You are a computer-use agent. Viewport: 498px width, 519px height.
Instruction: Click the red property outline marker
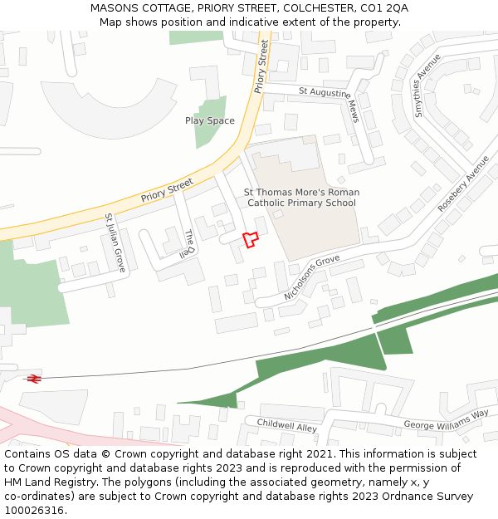click(250, 239)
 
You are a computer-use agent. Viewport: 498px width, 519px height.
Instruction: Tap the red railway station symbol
click(34, 379)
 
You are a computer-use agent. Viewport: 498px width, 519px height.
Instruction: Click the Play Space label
click(209, 121)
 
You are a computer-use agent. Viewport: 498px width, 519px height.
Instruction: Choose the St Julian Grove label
click(115, 242)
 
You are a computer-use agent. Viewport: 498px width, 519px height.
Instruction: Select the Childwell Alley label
click(286, 425)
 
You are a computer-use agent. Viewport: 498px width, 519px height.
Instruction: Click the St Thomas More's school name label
click(301, 198)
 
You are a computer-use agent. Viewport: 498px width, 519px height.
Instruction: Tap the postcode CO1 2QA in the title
click(383, 8)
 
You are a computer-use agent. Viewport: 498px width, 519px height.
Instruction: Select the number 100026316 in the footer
click(35, 511)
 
